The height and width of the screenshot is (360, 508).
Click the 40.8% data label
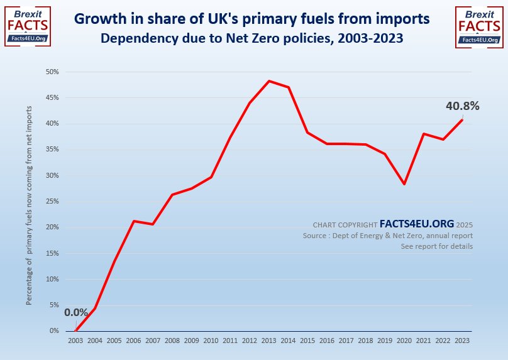[462, 106]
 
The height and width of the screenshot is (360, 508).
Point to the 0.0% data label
[76, 312]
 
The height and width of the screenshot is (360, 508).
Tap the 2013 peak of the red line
[269, 81]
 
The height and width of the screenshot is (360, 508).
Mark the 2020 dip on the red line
[405, 184]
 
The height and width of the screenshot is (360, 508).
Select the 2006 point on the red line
[134, 221]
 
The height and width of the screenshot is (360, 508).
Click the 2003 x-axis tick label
[75, 340]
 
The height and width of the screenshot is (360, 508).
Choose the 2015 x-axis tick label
[308, 340]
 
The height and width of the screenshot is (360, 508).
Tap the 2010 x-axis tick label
[211, 340]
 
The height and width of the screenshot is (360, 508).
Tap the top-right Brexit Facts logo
[480, 25]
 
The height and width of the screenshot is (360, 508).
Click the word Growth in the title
[97, 19]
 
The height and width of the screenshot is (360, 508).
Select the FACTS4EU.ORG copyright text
[417, 224]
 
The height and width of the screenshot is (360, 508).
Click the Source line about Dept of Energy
[387, 236]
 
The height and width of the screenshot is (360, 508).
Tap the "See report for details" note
[436, 246]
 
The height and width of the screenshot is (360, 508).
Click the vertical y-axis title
[30, 205]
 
